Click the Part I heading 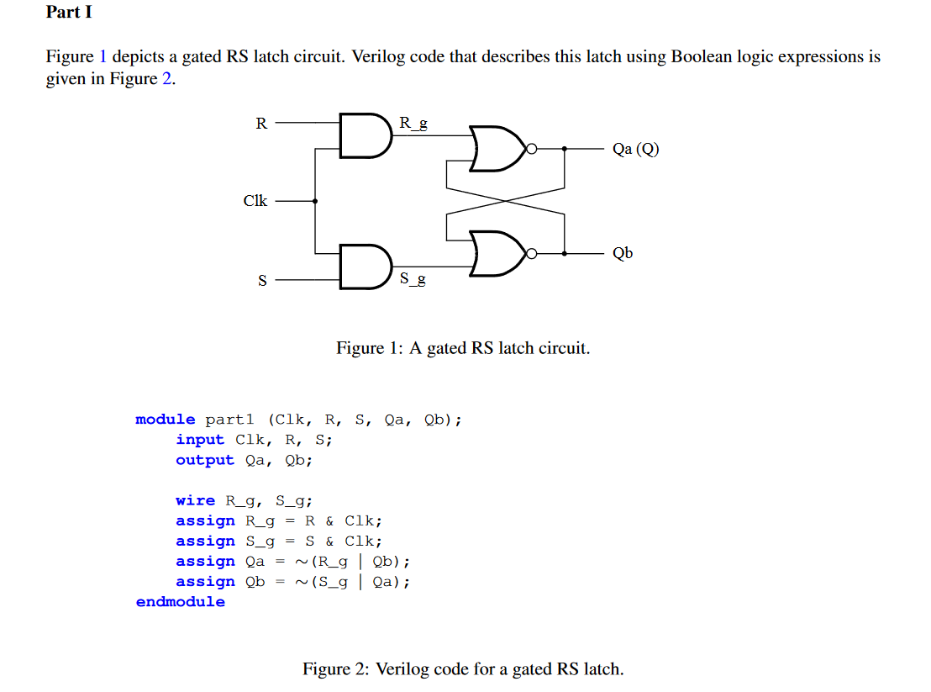pos(69,13)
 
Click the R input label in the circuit pos(261,124)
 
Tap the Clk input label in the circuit pos(255,201)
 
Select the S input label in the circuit pos(261,281)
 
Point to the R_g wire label pos(413,124)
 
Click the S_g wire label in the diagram pos(412,278)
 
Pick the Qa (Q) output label pos(635,150)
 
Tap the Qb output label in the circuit pos(623,253)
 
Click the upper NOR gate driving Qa pos(497,149)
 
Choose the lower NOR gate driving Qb pos(497,253)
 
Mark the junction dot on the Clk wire pos(315,201)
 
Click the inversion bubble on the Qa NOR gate pos(530,149)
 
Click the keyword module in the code pos(166,420)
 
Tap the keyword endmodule pos(181,602)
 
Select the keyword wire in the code pos(195,500)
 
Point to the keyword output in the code pos(205,460)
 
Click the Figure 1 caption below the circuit pos(463,348)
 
